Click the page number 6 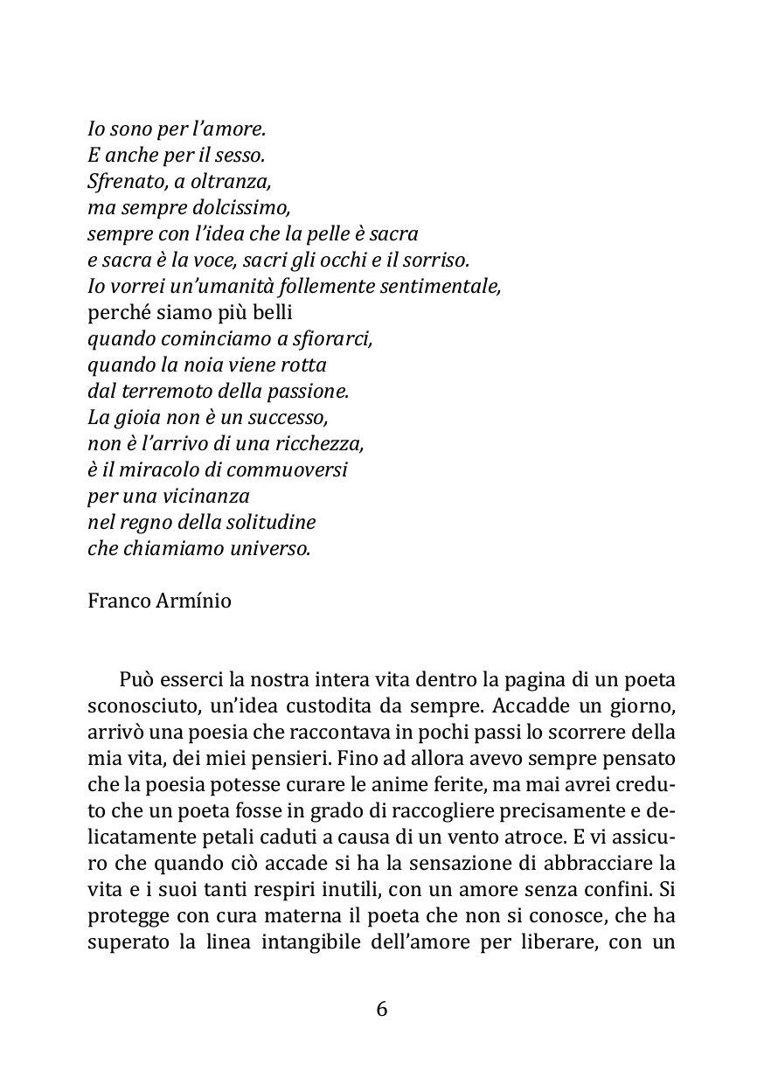382,1009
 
